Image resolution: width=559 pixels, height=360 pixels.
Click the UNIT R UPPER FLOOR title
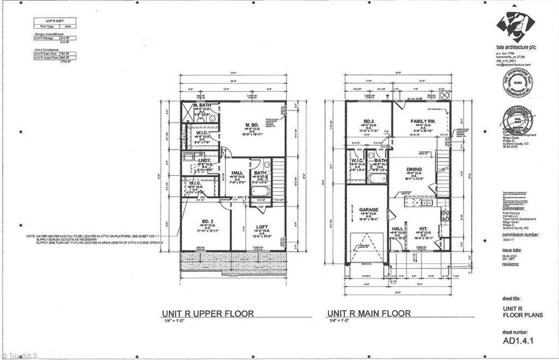207,314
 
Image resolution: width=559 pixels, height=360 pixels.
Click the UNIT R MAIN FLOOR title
368,314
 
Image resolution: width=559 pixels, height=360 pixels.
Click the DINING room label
415,169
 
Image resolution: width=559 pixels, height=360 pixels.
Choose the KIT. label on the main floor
423,229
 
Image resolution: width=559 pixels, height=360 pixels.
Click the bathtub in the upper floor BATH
260,192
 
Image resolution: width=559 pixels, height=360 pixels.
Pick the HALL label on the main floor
397,229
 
